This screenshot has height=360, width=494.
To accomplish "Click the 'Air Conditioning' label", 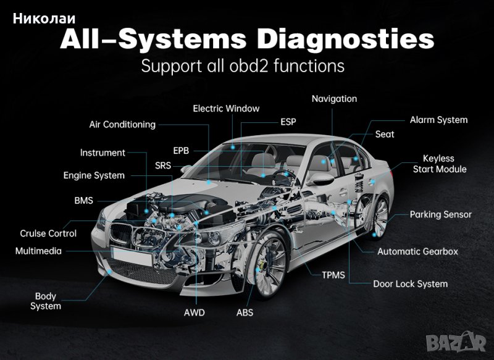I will [122, 124].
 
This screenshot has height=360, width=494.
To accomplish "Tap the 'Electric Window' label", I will [226, 108].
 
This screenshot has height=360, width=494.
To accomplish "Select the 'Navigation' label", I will [334, 99].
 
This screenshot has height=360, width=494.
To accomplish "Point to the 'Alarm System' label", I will [438, 120].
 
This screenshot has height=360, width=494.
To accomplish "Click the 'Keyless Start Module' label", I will [440, 164].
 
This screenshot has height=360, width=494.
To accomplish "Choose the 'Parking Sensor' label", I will [440, 214].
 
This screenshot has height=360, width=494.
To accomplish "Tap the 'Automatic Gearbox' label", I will [417, 251].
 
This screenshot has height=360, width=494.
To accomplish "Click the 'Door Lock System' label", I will [410, 284].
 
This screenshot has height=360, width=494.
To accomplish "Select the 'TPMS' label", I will [333, 275].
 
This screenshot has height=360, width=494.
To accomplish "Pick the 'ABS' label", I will [245, 312].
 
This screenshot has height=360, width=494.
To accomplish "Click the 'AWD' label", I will [194, 312].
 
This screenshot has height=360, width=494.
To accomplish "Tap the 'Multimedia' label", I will [38, 251].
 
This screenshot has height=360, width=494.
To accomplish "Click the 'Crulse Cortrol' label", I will [48, 233].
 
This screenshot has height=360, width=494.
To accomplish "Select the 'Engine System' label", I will [94, 175].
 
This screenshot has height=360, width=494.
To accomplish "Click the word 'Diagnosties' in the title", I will [345, 40].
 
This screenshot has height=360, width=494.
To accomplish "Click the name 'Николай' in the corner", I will [44, 19].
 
